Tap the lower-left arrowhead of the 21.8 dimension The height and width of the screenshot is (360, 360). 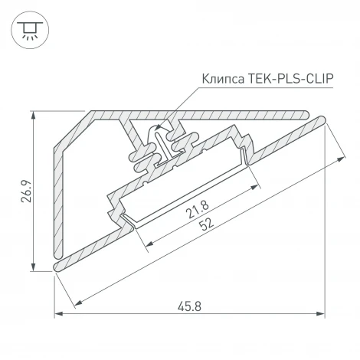[x=146, y=245]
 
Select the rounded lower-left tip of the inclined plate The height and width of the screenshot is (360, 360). [x=57, y=266]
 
